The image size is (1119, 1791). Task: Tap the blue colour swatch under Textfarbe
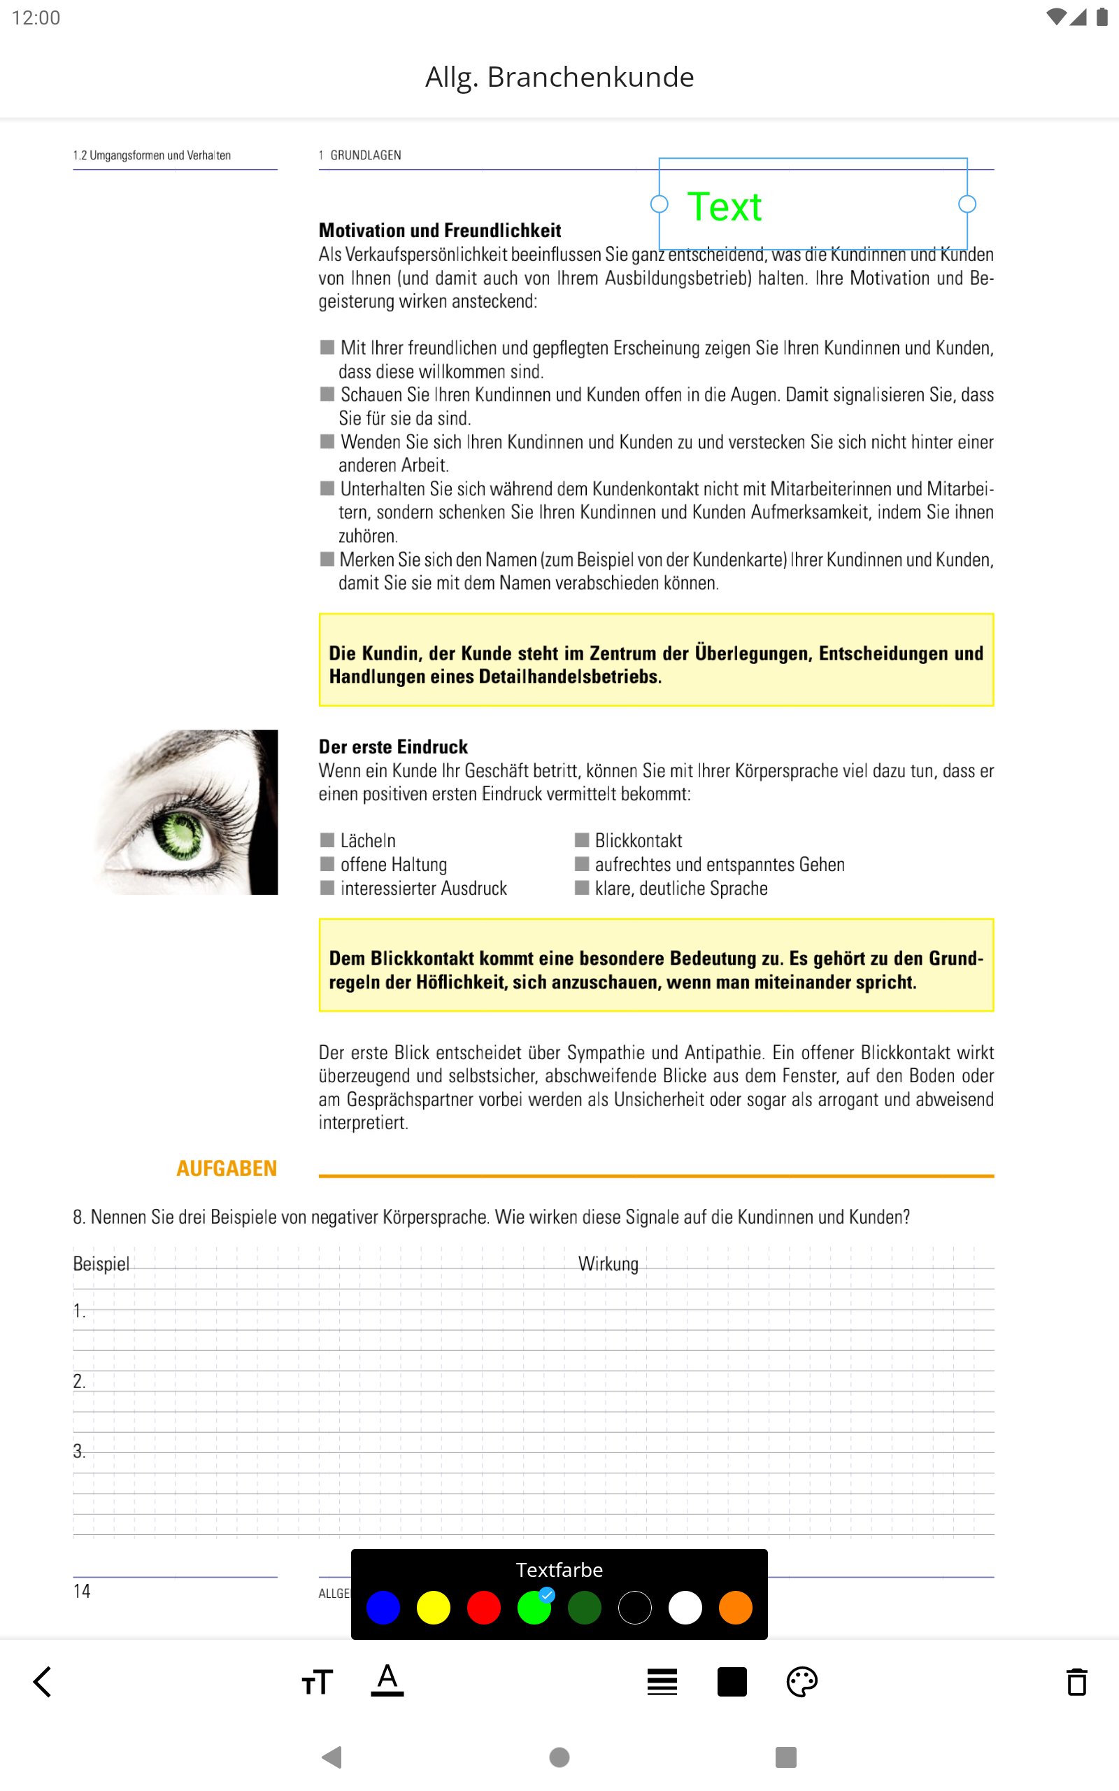pos(383,1608)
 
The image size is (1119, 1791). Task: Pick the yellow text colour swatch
pos(434,1608)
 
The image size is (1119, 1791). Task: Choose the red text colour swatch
pos(484,1608)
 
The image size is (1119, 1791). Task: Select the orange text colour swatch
pos(736,1608)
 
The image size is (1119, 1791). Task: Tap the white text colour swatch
pos(685,1608)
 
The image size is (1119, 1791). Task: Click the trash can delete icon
pos(1077,1681)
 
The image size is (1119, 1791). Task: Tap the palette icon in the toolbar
pos(801,1681)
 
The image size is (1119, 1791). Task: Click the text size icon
pos(318,1682)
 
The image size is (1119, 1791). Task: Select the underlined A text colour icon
pos(387,1680)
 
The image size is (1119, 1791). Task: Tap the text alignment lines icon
pos(662,1681)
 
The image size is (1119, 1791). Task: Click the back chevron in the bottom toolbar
pos(43,1681)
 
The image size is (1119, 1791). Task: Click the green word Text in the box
pos(725,206)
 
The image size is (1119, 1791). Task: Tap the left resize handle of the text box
pos(660,204)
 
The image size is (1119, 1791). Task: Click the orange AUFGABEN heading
pos(227,1168)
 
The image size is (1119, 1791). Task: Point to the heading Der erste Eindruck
pos(393,746)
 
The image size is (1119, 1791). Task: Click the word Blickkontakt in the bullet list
pos(638,841)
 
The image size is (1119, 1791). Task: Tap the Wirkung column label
pos(608,1263)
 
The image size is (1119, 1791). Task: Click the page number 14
pos(81,1590)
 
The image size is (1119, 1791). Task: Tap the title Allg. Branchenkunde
pos(559,77)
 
